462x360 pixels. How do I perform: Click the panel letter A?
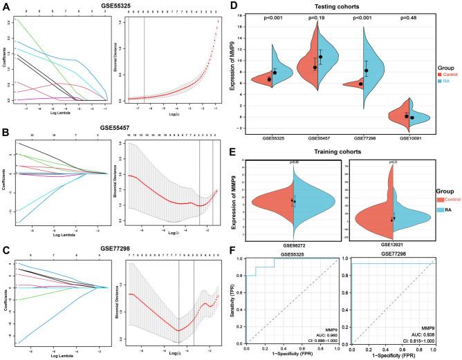[6, 6]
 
